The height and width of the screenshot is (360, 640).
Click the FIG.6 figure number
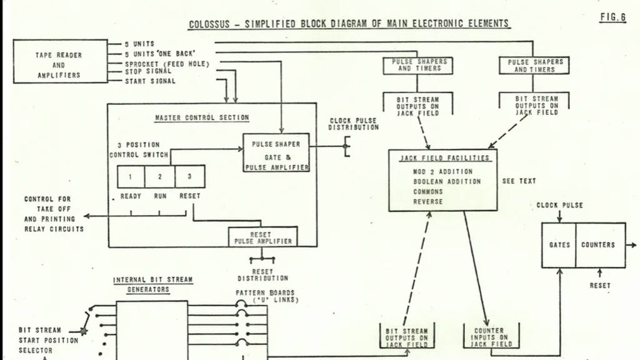tap(612, 17)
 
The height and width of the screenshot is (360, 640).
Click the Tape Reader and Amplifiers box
tap(61, 61)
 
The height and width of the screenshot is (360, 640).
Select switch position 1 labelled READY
tap(131, 176)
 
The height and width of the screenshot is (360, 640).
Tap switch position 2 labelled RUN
tap(159, 176)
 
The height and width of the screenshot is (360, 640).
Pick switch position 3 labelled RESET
tap(190, 176)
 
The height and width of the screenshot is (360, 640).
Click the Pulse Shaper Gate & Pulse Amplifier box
tap(276, 152)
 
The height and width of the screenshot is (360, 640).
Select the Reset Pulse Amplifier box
tap(263, 237)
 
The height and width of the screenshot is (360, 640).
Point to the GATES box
tap(559, 245)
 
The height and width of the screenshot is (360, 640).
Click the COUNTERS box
tap(601, 245)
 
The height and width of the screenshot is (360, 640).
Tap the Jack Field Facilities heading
tap(444, 158)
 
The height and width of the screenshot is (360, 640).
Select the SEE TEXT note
tap(519, 181)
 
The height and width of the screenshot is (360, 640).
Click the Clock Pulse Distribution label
tap(354, 124)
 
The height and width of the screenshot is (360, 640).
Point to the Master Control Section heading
tap(202, 117)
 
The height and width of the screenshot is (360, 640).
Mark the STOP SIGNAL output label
tap(147, 71)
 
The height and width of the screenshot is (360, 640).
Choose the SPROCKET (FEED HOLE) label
tap(167, 64)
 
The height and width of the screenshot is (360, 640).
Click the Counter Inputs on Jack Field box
tap(491, 337)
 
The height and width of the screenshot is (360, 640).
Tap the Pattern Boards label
tap(265, 293)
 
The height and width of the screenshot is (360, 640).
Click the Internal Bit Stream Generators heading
tap(152, 284)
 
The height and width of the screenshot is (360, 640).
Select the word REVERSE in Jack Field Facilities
tap(427, 202)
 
